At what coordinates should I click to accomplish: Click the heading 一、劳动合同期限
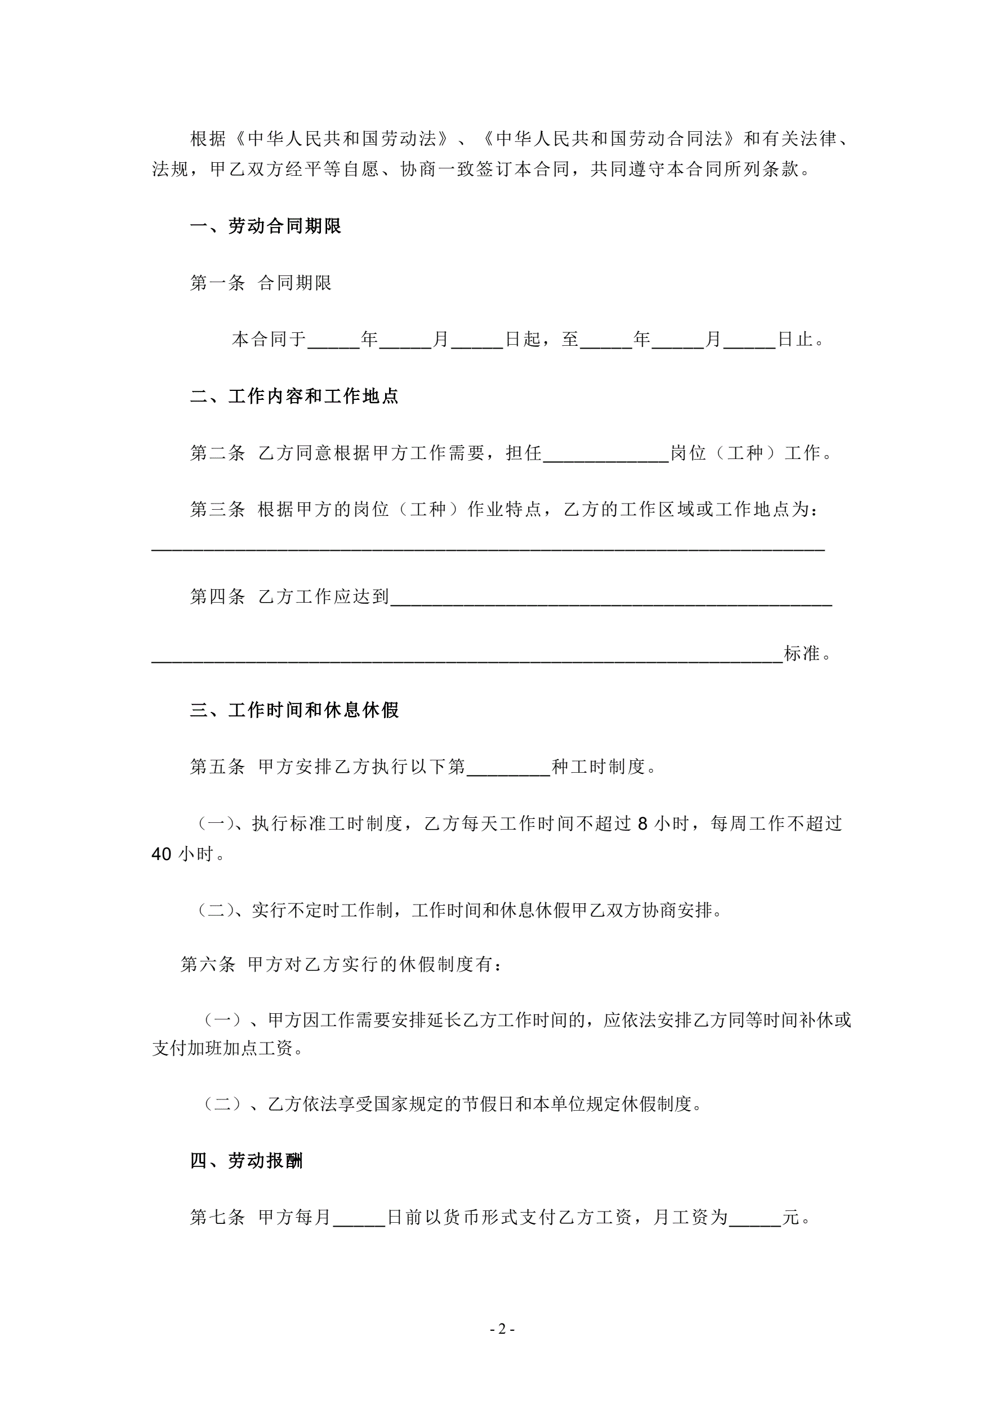[266, 226]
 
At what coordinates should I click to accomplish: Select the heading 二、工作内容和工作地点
[294, 396]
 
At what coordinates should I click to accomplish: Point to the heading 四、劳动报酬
[246, 1160]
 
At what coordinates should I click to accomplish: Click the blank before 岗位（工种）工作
[606, 455]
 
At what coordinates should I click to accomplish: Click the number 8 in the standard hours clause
[642, 824]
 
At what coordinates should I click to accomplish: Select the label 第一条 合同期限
[261, 283]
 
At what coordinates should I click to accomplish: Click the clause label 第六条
[208, 964]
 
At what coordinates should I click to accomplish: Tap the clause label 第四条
[217, 596]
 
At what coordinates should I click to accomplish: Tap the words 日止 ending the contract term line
[795, 339]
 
